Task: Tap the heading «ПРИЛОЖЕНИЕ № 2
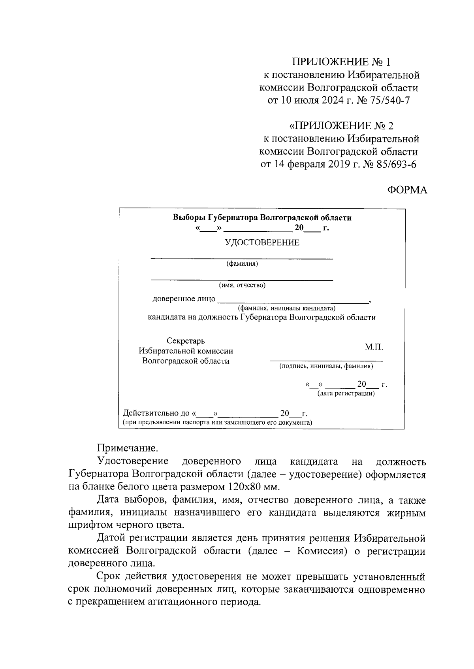341,126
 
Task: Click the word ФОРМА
407,190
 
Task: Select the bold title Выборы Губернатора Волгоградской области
262,218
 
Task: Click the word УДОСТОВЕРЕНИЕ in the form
262,243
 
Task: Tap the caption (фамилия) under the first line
242,264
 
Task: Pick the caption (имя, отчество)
242,285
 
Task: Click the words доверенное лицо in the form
184,299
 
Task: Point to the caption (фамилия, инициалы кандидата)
286,308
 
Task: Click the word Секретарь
186,341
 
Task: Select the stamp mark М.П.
374,348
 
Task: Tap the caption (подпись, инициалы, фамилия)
326,366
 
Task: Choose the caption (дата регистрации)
346,394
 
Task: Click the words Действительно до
156,414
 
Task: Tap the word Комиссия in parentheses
318,551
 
